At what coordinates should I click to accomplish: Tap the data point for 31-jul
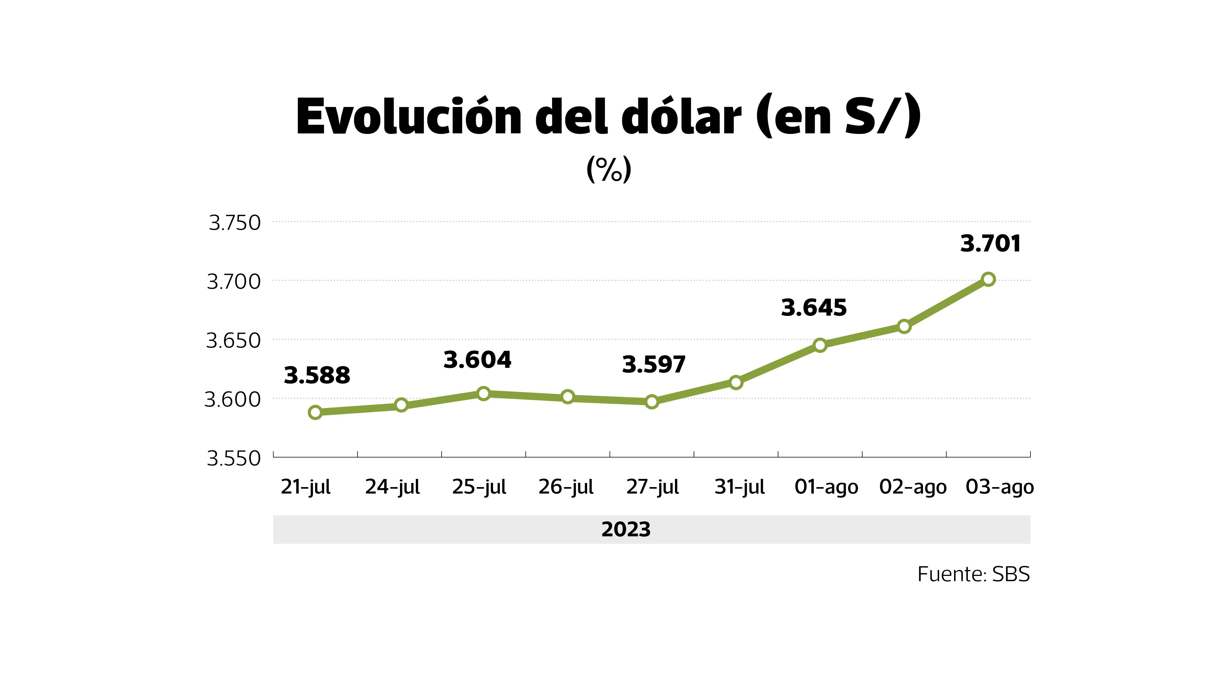pos(736,382)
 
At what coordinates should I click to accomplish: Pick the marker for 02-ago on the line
pos(904,326)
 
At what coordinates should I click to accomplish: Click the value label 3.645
pos(814,308)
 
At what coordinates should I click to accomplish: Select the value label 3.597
pos(653,365)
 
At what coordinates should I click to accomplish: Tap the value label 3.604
pos(477,360)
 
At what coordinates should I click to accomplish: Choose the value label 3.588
pos(317,376)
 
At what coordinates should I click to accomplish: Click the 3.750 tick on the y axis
pos(235,223)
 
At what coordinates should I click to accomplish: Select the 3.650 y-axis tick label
pos(233,341)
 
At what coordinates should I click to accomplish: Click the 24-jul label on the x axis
pos(392,487)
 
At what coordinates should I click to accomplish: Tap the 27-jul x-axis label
pos(652,487)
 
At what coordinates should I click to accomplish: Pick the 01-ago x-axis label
pos(826,487)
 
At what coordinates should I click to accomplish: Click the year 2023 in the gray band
pos(626,529)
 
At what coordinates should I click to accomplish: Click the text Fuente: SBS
pos(973,574)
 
